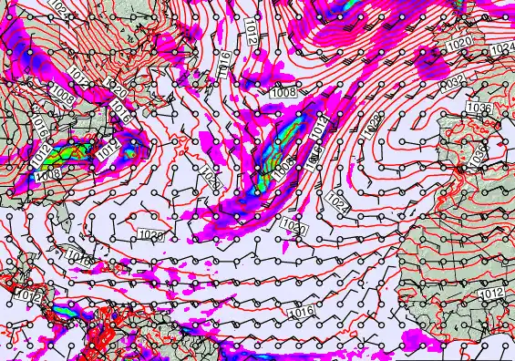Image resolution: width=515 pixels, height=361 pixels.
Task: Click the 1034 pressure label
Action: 502,48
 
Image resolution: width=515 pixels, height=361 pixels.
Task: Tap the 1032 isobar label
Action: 453,82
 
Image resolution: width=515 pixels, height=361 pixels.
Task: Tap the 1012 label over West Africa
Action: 491,293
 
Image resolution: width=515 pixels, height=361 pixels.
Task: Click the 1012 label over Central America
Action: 27,295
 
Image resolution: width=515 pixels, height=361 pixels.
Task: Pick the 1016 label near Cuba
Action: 81,261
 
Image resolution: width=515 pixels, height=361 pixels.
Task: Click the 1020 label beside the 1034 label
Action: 458,44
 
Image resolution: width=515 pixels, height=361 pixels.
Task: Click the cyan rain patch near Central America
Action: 64,312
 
